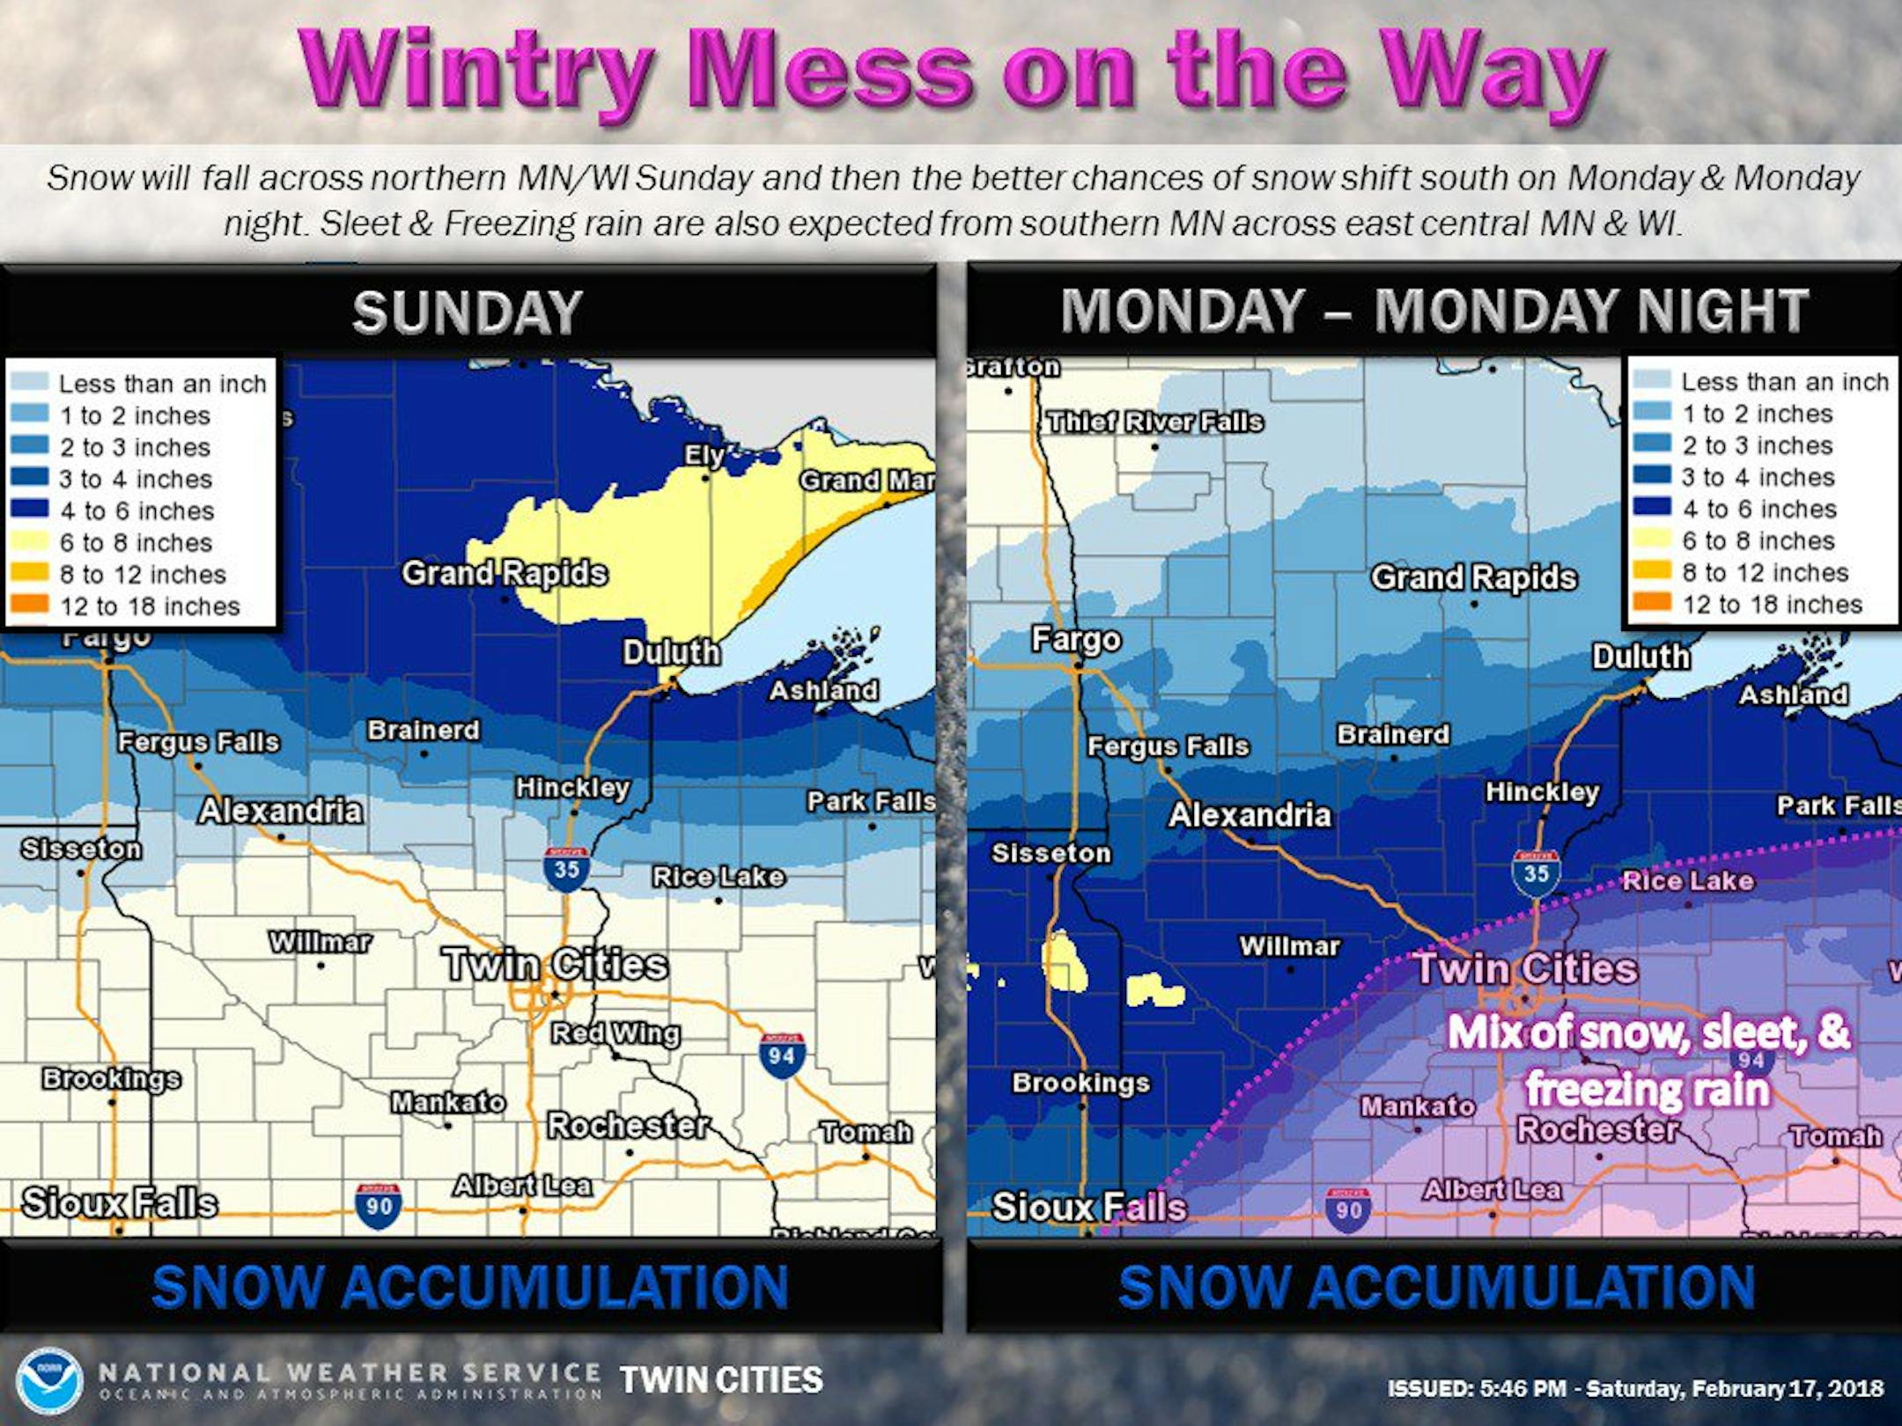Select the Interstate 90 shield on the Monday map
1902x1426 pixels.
point(1347,1208)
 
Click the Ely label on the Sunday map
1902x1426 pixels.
point(704,455)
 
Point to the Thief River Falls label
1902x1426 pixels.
point(1155,422)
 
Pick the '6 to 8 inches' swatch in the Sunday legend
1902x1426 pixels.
point(28,542)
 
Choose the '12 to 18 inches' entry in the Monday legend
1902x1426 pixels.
point(1772,605)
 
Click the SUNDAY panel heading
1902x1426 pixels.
point(468,312)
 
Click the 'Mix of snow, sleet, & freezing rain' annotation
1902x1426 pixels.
point(1648,1061)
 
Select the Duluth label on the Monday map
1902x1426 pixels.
point(1640,657)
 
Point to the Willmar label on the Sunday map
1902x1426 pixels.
point(320,942)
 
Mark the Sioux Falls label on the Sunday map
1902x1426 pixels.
point(120,1202)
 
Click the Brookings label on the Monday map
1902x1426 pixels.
point(1080,1083)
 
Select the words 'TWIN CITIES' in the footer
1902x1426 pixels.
point(721,1380)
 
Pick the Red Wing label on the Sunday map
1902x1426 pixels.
point(616,1033)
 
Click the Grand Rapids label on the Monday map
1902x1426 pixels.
point(1474,578)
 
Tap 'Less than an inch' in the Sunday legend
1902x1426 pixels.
point(162,384)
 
